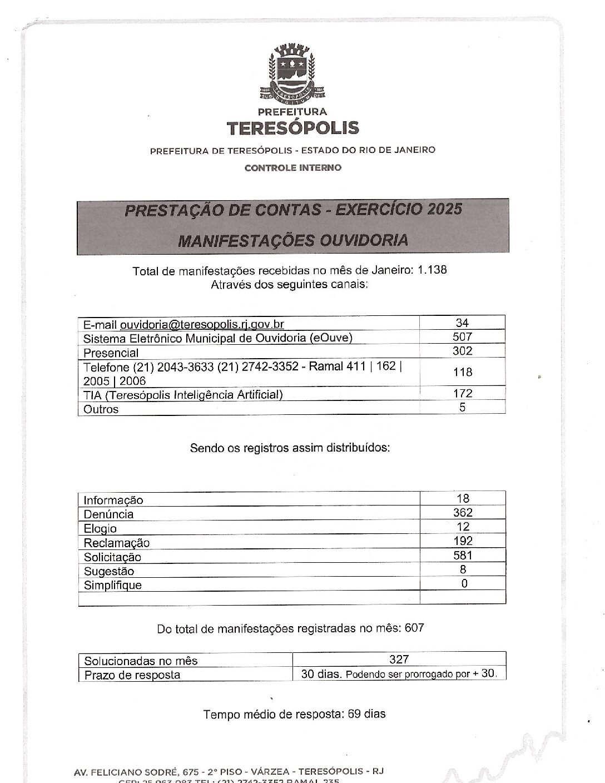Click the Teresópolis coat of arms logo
click(x=292, y=72)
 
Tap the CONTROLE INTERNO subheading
click(x=292, y=167)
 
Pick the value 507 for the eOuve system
click(x=462, y=336)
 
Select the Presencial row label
click(x=111, y=353)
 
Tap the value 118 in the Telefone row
click(x=462, y=372)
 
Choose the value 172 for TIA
click(x=462, y=393)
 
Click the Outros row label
click(x=101, y=409)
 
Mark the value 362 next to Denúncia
click(x=463, y=513)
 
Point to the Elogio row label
click(x=101, y=529)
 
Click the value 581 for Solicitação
click(x=463, y=555)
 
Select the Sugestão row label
click(x=109, y=571)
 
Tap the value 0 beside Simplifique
click(x=464, y=583)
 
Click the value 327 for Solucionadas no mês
click(x=399, y=660)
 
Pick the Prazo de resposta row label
click(x=132, y=675)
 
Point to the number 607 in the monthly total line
click(x=415, y=628)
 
